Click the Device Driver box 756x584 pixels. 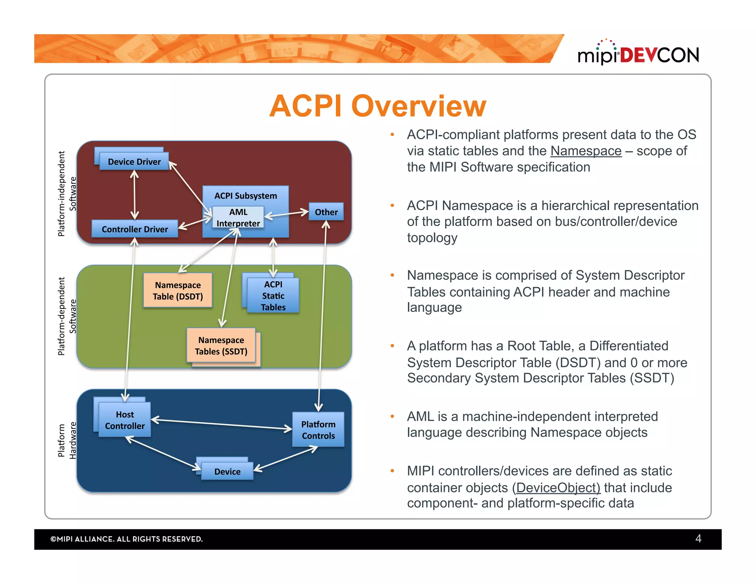click(134, 161)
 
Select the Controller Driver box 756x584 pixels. click(135, 229)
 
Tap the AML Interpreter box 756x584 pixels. click(238, 217)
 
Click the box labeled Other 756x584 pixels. click(326, 212)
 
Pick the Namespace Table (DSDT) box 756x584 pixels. click(178, 291)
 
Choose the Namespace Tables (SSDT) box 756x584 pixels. click(221, 346)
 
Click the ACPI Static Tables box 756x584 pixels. click(273, 296)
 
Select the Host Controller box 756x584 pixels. click(125, 420)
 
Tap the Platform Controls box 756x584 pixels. click(318, 430)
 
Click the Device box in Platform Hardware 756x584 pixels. click(227, 471)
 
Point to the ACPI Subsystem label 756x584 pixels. click(245, 196)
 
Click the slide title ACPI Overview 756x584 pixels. click(378, 106)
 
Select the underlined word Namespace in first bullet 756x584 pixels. click(586, 151)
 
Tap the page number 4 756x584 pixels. click(698, 539)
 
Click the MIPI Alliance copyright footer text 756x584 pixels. click(127, 539)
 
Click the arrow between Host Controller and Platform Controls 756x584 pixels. click(221, 425)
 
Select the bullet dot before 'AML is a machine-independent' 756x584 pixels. click(392, 417)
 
